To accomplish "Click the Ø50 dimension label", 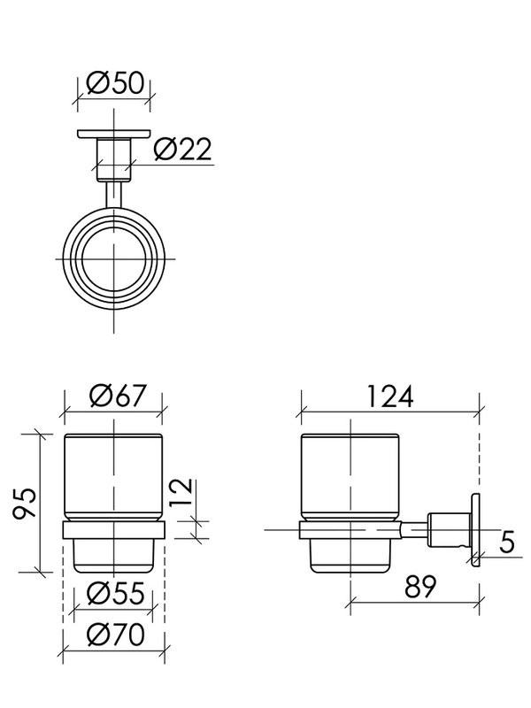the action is (x=116, y=82).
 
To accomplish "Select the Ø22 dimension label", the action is (x=182, y=149).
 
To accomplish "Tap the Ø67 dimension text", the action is (x=119, y=395).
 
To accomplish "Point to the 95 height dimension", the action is (x=26, y=504).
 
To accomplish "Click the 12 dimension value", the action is (x=181, y=492).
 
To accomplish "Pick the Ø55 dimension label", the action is (x=116, y=593).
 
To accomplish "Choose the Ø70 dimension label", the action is (x=116, y=634).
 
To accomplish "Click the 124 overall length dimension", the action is (x=389, y=396).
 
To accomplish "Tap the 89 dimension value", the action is (x=419, y=586).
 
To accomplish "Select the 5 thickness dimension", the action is (x=507, y=542).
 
